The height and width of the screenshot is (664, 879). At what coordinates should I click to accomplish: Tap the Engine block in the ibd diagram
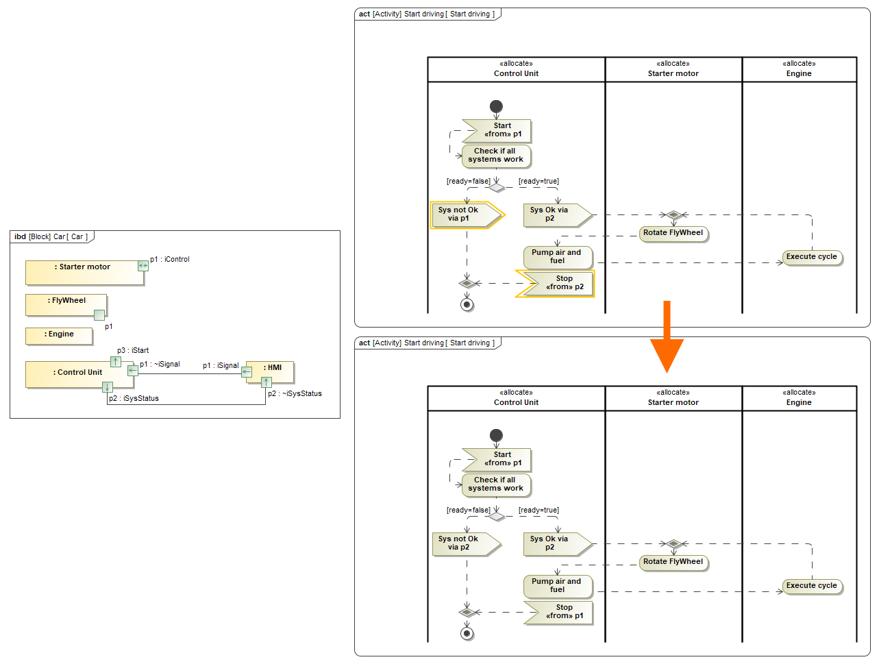59,335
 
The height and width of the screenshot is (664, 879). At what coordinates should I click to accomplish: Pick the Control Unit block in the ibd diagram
75,374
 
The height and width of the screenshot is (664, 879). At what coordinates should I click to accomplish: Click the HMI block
274,371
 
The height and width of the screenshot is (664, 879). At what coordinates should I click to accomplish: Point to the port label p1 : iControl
170,259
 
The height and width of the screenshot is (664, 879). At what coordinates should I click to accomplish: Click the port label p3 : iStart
133,350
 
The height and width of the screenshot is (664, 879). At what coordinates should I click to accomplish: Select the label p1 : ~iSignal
160,365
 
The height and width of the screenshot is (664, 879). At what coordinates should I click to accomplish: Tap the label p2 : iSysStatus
134,398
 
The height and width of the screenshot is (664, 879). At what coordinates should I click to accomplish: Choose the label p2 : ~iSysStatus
295,393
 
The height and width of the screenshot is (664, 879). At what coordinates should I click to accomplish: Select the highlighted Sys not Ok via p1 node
466,214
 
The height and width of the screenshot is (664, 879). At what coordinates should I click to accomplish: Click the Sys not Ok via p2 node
466,543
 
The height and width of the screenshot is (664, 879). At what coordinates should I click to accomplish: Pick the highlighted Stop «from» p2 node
556,283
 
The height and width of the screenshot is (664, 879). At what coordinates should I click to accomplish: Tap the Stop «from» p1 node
558,612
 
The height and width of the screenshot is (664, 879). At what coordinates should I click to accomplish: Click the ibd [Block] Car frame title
51,237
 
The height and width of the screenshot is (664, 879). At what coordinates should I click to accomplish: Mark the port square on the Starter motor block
143,265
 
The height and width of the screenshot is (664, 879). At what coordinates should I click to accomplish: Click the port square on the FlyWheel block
99,315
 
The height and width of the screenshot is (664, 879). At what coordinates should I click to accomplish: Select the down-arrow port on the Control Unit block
108,387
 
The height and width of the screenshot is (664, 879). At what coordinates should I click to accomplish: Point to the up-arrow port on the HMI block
266,382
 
